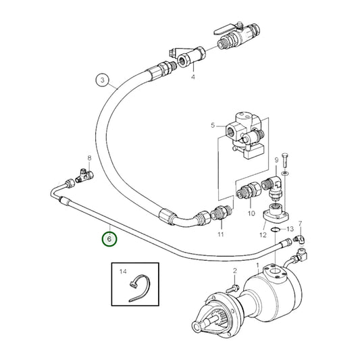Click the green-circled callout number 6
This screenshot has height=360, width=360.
(109, 238)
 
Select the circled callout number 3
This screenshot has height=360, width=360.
(102, 80)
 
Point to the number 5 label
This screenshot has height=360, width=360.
(212, 126)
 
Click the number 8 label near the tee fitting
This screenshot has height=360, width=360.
(88, 157)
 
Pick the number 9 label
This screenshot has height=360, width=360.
(276, 160)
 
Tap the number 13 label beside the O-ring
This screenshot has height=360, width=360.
(292, 229)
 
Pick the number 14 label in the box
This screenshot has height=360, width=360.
(122, 272)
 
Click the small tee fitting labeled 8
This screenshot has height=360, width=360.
(86, 176)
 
